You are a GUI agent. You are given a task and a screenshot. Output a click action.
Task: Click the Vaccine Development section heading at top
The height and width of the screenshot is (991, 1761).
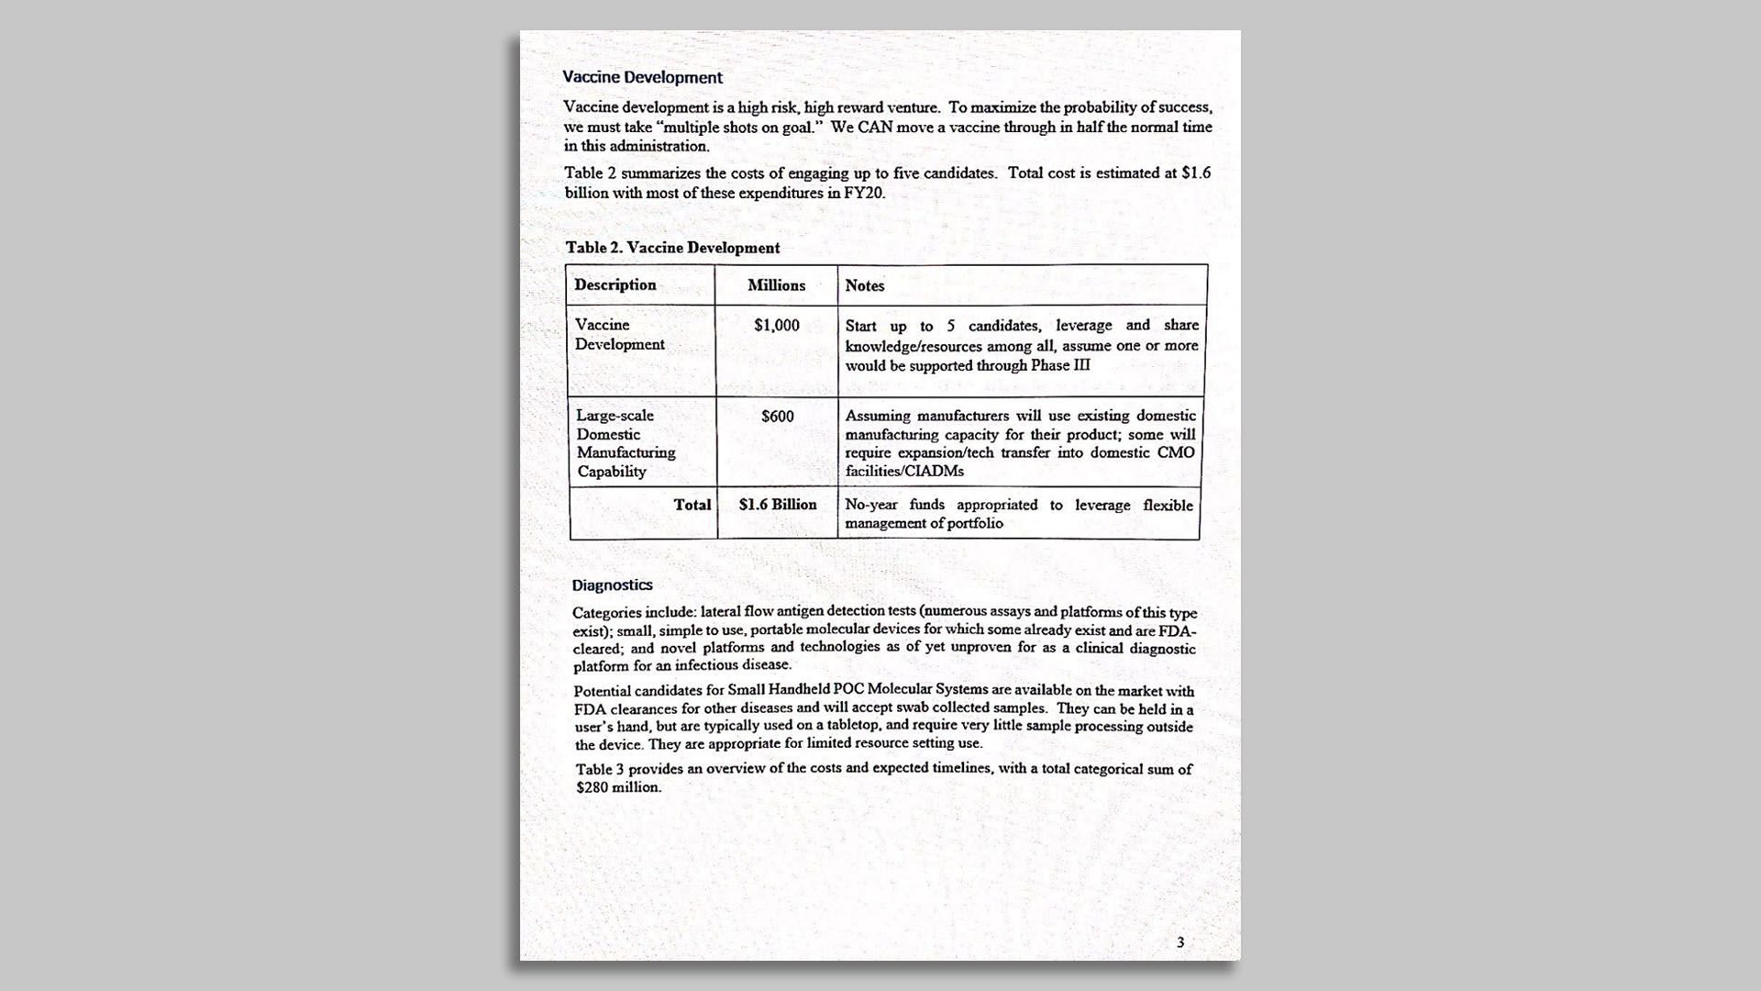click(x=642, y=78)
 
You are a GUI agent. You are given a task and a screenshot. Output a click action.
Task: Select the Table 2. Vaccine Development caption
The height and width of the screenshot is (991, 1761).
click(x=672, y=248)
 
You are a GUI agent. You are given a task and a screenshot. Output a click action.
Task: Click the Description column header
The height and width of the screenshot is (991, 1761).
click(x=615, y=285)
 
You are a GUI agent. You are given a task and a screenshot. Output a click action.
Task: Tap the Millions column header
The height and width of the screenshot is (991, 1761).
click(x=776, y=285)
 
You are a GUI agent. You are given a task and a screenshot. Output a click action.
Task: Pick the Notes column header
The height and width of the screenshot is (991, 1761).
click(x=865, y=286)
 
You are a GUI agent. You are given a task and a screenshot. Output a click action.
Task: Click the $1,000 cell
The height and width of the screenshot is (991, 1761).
click(x=777, y=326)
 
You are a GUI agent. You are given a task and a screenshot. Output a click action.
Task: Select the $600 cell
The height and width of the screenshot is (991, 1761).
click(x=778, y=417)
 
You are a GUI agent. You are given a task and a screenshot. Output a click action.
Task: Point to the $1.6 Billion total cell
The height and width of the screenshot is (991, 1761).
click(x=778, y=505)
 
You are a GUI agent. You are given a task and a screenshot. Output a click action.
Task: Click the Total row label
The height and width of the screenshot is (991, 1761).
click(x=692, y=505)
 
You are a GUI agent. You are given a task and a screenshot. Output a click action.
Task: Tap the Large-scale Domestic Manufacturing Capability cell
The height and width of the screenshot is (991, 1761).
click(x=626, y=443)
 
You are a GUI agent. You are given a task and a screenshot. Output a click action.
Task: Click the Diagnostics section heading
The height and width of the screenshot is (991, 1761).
click(x=612, y=585)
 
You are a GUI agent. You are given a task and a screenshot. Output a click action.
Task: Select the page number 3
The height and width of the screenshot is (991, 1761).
click(x=1180, y=942)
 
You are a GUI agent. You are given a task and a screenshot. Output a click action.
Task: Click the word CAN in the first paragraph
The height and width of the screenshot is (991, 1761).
click(x=875, y=128)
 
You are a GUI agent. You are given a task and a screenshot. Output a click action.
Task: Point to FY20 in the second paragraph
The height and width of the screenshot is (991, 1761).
click(x=864, y=194)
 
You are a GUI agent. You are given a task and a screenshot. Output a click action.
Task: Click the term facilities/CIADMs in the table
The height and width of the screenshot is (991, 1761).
click(x=904, y=472)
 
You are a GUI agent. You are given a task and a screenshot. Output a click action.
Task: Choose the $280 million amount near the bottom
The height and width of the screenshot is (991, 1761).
click(x=618, y=787)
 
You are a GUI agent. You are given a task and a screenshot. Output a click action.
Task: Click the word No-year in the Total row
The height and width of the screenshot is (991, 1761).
click(x=871, y=505)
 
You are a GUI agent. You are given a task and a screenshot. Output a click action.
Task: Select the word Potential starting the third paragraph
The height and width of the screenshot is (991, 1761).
click(x=603, y=691)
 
